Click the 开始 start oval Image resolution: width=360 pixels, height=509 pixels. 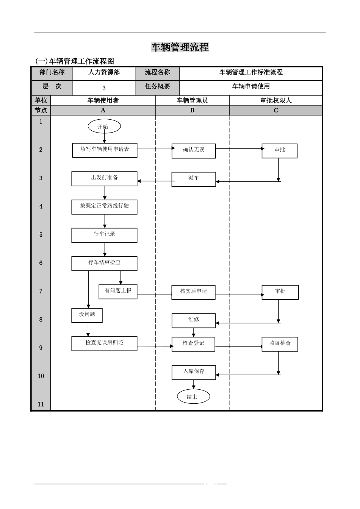[x=104, y=126]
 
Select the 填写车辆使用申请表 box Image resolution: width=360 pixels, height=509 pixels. [x=105, y=150]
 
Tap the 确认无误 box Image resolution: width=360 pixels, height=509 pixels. [x=194, y=151]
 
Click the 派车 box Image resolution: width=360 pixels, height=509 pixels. [x=194, y=179]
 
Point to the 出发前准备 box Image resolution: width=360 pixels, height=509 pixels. [x=105, y=179]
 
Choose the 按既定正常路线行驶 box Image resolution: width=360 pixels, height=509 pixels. [x=105, y=207]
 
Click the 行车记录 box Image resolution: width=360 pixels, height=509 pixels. [x=105, y=235]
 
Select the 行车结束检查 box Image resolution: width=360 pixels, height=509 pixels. [x=105, y=263]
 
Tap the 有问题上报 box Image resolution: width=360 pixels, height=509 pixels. [x=118, y=292]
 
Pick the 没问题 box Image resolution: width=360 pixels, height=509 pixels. [x=87, y=315]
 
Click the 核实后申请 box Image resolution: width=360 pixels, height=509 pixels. [x=194, y=292]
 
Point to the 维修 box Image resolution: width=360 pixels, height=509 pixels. [x=194, y=320]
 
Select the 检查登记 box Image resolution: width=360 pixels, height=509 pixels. [x=194, y=344]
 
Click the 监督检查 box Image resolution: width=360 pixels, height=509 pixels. [x=280, y=344]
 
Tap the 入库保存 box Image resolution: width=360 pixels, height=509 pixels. [x=194, y=372]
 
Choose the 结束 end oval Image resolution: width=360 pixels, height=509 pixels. [x=193, y=397]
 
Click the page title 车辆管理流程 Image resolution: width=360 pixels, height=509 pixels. [x=180, y=47]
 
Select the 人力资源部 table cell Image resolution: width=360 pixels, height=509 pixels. [x=104, y=72]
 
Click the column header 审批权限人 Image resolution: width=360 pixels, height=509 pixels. [x=275, y=100]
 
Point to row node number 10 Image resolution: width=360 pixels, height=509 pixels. [x=41, y=376]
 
